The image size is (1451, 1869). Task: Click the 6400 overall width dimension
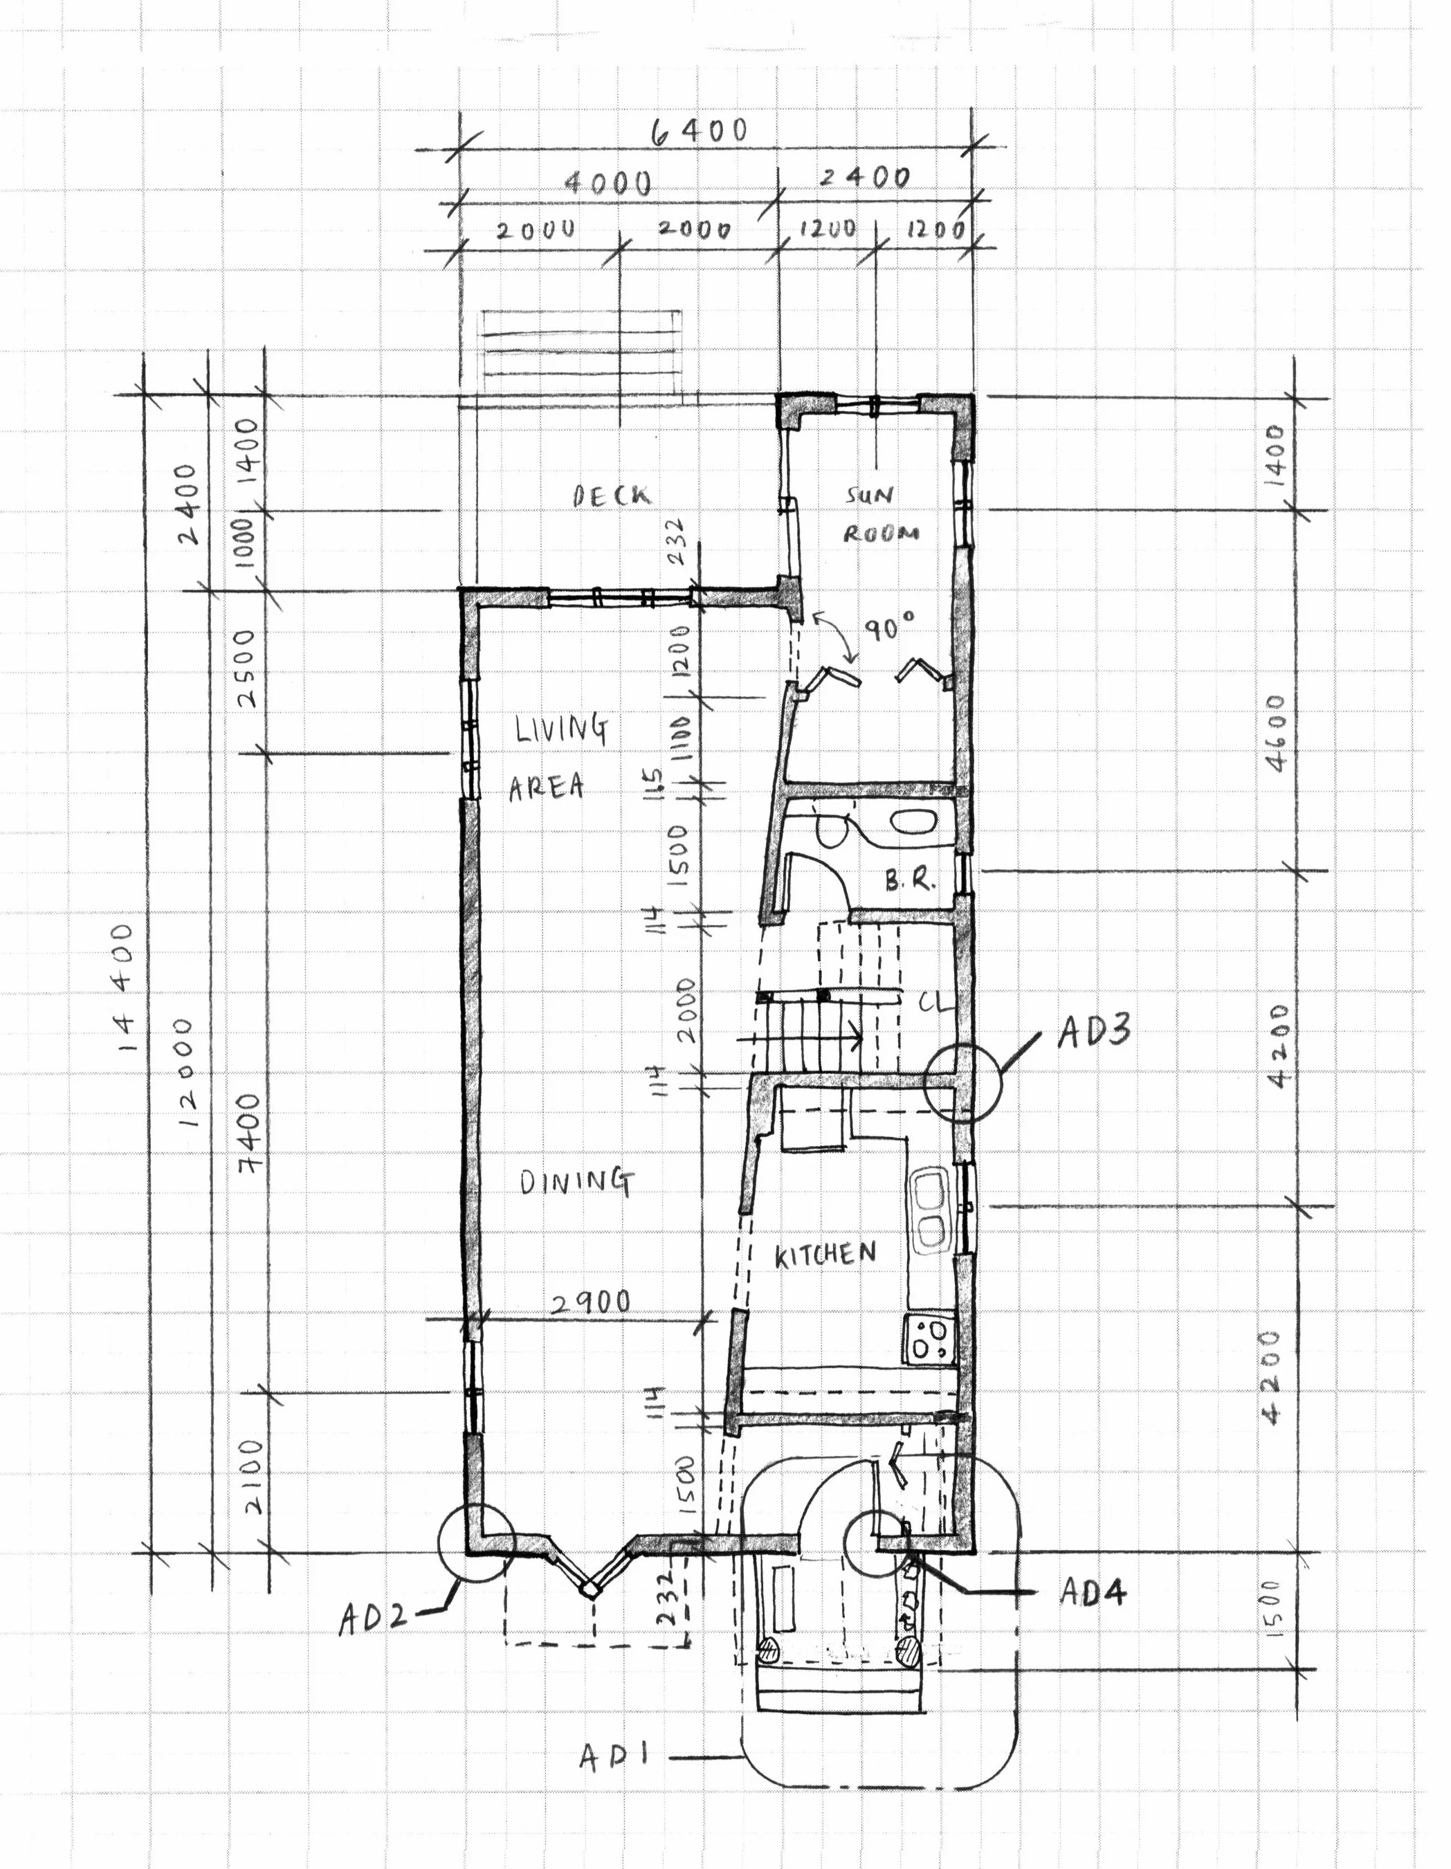(x=699, y=131)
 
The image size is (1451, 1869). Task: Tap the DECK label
(x=611, y=495)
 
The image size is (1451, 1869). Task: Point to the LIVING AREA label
(x=556, y=757)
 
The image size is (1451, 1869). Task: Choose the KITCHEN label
(x=825, y=1255)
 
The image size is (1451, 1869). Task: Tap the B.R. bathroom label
(x=909, y=879)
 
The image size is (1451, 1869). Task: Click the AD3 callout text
(x=1094, y=1031)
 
